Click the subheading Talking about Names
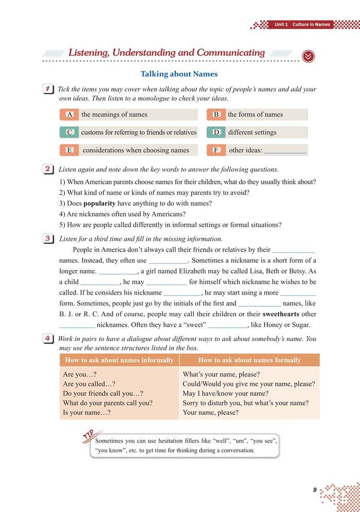tap(179, 74)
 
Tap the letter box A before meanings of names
tap(69, 115)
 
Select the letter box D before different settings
tap(216, 132)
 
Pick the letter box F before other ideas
tap(216, 150)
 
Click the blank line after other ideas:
tap(285, 151)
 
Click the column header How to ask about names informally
tap(119, 360)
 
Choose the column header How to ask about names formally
tap(249, 360)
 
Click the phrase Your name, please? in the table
tap(210, 413)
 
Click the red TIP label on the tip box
tap(92, 436)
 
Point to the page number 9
tap(314, 490)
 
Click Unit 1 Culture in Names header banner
tap(302, 25)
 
